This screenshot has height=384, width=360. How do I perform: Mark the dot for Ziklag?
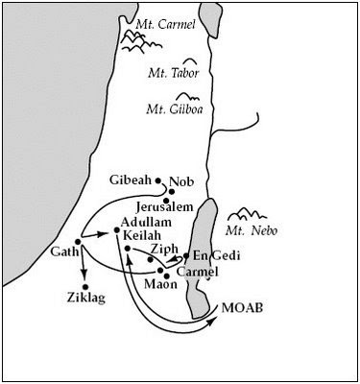[x=84, y=285]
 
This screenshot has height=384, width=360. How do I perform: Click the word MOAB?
[x=240, y=308]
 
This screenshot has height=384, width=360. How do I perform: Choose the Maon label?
[x=160, y=284]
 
